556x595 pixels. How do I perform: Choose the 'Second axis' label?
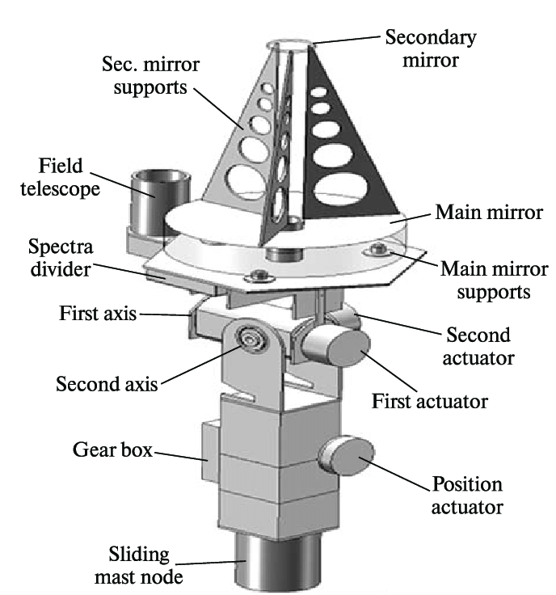[x=107, y=382]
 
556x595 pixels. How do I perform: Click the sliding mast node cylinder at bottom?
[x=266, y=571]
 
